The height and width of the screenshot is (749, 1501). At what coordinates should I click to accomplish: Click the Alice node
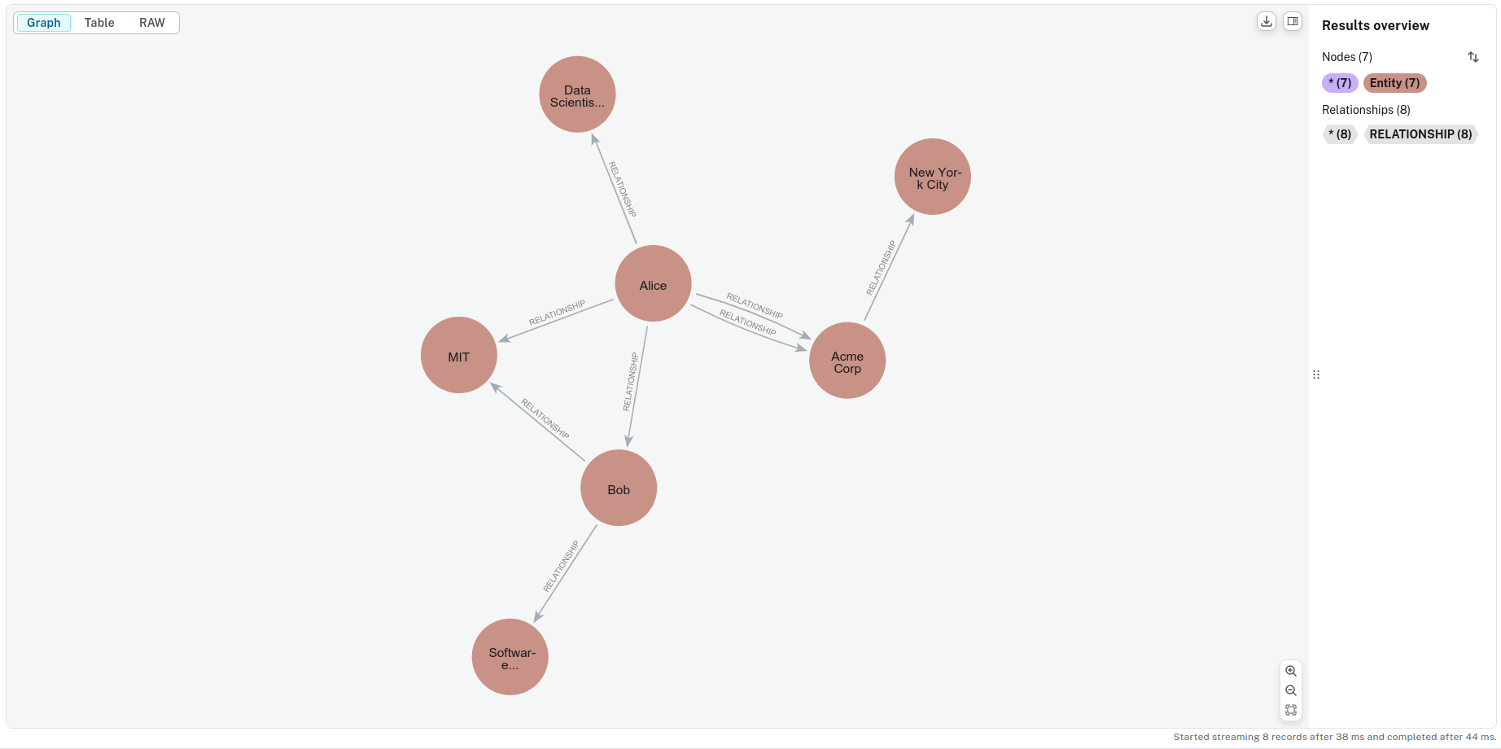pos(653,283)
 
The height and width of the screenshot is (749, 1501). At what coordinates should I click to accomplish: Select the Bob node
pos(619,488)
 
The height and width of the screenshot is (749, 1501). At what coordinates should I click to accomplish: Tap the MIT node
pos(459,355)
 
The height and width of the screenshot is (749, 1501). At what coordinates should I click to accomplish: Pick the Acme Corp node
pos(847,361)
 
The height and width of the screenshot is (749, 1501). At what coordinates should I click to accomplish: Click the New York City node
pos(933,177)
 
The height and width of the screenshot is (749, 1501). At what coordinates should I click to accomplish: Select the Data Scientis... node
pos(577,94)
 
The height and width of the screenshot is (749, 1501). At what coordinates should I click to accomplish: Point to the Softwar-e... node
pos(510,657)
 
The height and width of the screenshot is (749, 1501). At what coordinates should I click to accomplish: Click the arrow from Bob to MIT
pos(538,422)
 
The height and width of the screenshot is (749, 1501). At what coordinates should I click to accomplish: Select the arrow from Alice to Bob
pos(637,388)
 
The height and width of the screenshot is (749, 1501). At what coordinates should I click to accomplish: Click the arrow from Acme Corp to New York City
pos(889,267)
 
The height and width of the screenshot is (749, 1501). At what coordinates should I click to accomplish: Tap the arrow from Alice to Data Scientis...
pos(614,189)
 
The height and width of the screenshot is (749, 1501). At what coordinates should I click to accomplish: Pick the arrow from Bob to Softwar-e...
pos(566,573)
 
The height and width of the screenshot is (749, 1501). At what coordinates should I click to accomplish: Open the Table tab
pos(99,23)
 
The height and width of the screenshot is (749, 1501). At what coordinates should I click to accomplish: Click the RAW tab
pos(152,23)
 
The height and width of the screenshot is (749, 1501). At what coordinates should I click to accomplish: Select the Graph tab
pos(44,23)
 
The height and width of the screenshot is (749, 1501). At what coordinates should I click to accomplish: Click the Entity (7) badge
pos(1394,83)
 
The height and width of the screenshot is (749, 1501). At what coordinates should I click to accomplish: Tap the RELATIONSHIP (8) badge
pos(1420,134)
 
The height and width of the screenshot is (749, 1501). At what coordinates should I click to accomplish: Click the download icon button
pos(1267,22)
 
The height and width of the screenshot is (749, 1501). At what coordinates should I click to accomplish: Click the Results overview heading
pos(1376,25)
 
